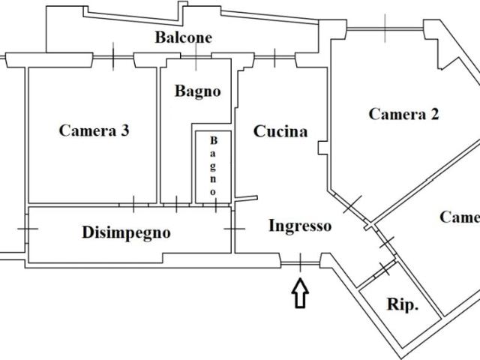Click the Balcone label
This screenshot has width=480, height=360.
[x=184, y=37]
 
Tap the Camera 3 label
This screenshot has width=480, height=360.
[x=94, y=130]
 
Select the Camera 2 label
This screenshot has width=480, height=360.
[x=404, y=114]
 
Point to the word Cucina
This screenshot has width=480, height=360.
[x=280, y=132]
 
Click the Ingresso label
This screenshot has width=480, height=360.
[x=300, y=226]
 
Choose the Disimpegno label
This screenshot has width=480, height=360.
[x=126, y=232]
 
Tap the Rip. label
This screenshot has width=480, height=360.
[x=403, y=305]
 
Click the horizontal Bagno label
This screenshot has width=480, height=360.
[x=198, y=91]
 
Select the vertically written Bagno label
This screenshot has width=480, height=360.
[x=213, y=166]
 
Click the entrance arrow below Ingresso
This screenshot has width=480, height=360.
[x=300, y=293]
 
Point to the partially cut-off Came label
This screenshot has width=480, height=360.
[x=459, y=217]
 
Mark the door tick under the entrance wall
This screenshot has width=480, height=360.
[x=300, y=262]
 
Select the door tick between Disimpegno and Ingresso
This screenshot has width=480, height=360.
[x=235, y=227]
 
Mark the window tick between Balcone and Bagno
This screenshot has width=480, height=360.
[x=196, y=56]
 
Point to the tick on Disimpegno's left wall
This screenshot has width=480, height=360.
[x=28, y=229]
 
